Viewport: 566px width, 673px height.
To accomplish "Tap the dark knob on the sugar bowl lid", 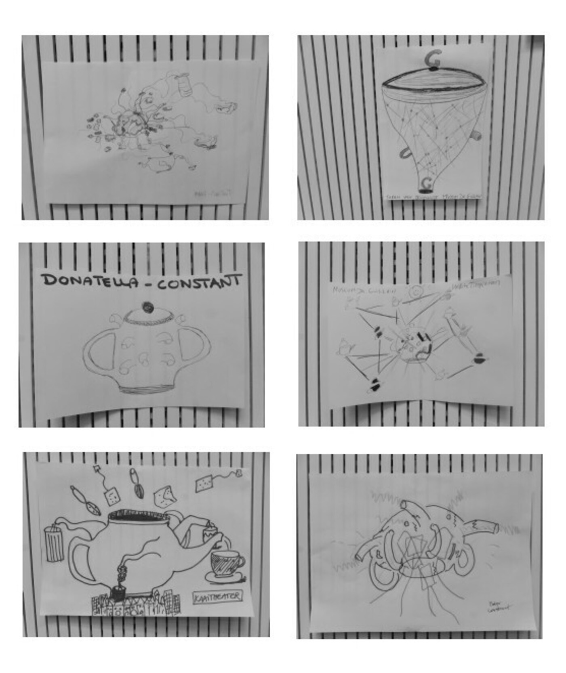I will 147,308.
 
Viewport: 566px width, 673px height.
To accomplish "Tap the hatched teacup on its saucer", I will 225,562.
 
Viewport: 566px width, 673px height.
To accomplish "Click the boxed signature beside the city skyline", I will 218,596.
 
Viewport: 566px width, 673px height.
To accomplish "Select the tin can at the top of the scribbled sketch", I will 185,85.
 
